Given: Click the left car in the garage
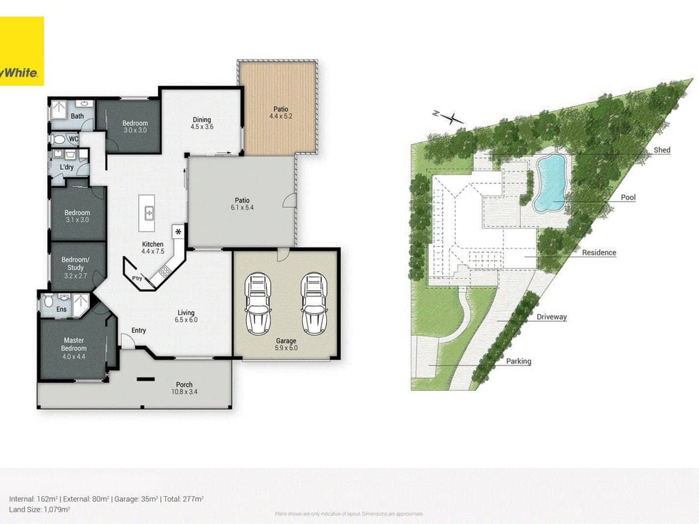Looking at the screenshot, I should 258,303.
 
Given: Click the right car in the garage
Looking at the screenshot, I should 315,303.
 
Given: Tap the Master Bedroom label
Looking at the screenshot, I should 73,344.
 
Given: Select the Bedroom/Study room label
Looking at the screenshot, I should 75,267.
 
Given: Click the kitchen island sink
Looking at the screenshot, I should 149,214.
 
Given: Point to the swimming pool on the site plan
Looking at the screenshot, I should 550,182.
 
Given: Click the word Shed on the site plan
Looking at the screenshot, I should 662,150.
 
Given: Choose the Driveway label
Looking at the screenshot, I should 552,317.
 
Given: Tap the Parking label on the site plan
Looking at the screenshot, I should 518,361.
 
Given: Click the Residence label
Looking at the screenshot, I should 599,253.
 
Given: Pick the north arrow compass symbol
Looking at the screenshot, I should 449,118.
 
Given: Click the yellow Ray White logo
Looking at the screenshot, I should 22,51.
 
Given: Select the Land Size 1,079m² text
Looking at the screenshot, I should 40,509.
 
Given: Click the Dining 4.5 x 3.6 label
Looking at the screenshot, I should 202,123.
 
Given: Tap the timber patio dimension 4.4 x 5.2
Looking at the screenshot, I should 281,116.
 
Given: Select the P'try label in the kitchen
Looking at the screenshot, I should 137,278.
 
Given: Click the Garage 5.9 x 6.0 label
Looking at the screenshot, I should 286,344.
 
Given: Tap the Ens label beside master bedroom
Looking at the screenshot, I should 61,309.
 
